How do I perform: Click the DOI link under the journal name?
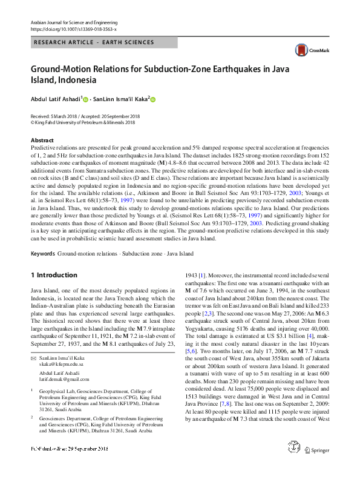[73, 28]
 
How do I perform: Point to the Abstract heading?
[42, 140]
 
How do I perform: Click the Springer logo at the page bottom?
[316, 467]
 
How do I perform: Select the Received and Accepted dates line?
[85, 116]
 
